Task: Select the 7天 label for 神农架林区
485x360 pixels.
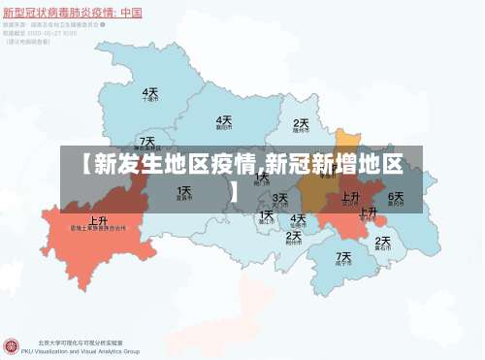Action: coord(146,142)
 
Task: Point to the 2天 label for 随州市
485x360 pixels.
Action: coord(302,123)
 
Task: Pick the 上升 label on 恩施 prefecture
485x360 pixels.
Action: coord(98,220)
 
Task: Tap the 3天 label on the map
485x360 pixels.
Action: coord(280,199)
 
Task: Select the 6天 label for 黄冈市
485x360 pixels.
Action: coord(396,196)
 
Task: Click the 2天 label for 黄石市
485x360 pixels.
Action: coord(382,241)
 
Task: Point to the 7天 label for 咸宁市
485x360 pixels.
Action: coord(343,257)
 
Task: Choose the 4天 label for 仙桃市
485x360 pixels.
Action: coord(299,219)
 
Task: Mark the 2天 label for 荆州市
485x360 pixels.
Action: coord(295,235)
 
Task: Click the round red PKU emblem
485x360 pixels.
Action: coord(12,345)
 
